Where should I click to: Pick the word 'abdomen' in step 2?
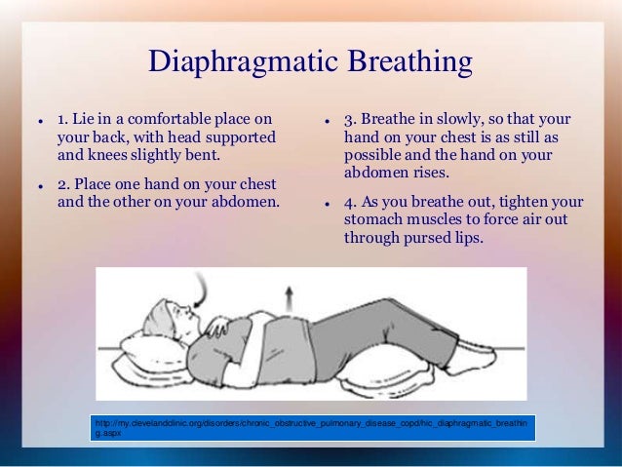(241, 203)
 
